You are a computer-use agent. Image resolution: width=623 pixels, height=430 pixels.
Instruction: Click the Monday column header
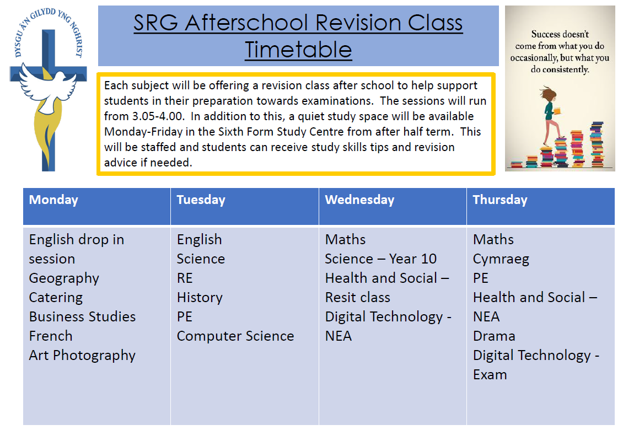[x=53, y=200]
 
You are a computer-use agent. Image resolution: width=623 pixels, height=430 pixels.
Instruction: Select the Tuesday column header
[x=201, y=200]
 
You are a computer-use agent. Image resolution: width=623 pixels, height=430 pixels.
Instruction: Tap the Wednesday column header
[x=359, y=200]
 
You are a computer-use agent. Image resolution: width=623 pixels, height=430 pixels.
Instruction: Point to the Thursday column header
[x=500, y=200]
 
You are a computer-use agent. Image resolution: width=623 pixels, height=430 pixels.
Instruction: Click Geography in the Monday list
[x=64, y=278]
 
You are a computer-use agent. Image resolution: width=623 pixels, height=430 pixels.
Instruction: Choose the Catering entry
[x=56, y=297]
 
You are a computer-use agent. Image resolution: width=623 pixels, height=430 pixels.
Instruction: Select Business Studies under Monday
[x=83, y=316]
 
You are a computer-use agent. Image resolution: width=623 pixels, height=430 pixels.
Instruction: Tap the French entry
[x=51, y=336]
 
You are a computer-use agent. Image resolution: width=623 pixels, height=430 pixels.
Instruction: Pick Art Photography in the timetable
[x=82, y=355]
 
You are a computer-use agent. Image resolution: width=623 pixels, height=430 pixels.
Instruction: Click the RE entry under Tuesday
[x=185, y=278]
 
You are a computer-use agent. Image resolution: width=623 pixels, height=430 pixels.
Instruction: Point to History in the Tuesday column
[x=200, y=297]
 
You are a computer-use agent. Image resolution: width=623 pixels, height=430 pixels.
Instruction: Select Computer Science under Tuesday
[x=235, y=336]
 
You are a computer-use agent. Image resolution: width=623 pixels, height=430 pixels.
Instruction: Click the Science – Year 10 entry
[x=380, y=259]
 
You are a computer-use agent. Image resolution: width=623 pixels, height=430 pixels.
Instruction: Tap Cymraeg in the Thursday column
[x=501, y=259]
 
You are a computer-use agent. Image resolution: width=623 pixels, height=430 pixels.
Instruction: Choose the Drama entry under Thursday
[x=495, y=336]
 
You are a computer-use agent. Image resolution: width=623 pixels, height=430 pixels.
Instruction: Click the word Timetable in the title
[x=298, y=50]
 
